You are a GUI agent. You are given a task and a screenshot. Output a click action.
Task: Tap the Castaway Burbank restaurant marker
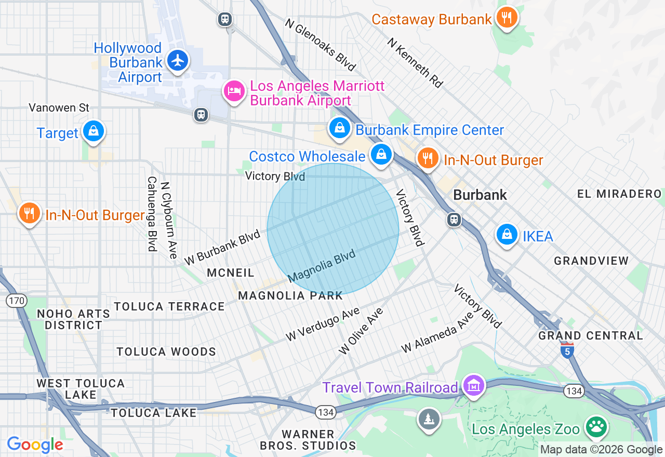(x=506, y=18)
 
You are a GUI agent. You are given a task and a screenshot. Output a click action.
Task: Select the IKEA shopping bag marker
(x=507, y=234)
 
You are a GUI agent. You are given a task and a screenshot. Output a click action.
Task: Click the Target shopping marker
(x=93, y=131)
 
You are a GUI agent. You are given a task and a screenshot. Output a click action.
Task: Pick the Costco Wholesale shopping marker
(x=381, y=154)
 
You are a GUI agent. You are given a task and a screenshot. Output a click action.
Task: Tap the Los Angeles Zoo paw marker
(x=596, y=427)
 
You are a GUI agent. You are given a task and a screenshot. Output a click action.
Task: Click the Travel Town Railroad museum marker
(x=473, y=386)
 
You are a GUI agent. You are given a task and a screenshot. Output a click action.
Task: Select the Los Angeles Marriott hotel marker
(x=234, y=91)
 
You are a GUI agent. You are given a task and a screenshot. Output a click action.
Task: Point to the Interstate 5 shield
(x=567, y=351)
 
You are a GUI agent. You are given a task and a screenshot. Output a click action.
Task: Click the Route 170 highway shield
(x=16, y=300)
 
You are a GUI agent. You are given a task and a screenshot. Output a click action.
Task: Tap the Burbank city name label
(x=480, y=195)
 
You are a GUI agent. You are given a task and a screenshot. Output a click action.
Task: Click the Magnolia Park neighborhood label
(x=290, y=295)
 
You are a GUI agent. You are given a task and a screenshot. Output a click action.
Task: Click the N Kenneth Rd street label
(x=415, y=62)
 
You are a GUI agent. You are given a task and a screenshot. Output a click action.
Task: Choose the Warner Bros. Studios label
(x=308, y=439)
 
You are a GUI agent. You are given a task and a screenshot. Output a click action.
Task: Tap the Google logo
(x=35, y=445)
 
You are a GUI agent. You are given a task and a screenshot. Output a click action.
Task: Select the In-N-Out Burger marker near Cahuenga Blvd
(x=30, y=213)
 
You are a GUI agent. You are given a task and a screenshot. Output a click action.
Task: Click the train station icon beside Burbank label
(x=454, y=220)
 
